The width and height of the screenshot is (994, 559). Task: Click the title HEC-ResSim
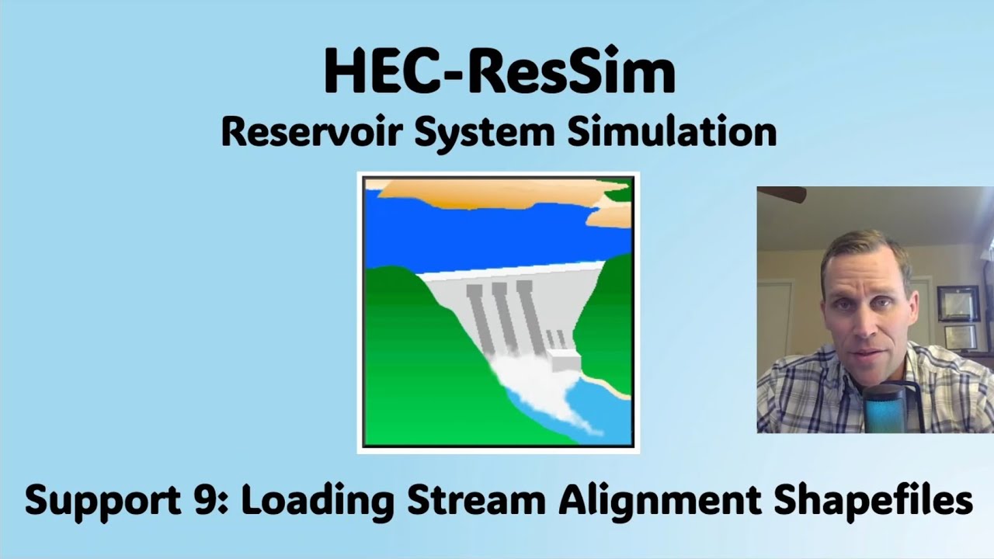click(x=499, y=72)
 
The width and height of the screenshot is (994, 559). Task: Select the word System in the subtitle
click(x=483, y=132)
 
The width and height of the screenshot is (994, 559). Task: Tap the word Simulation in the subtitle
click(x=673, y=132)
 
